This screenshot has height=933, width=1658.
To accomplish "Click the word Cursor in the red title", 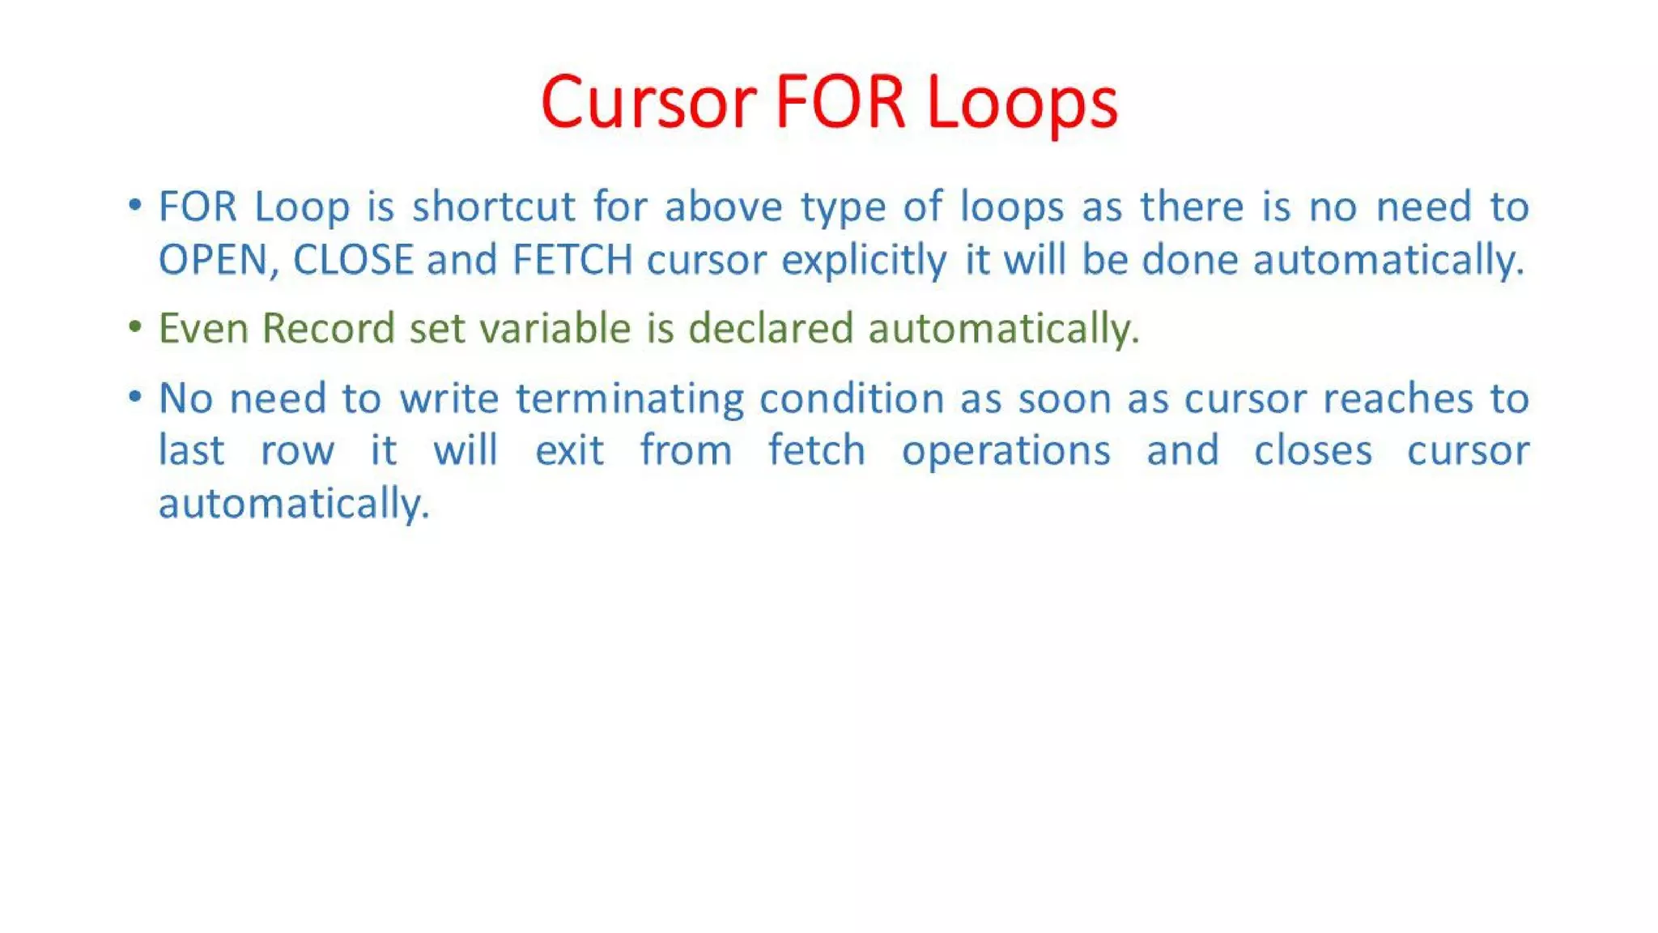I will pos(648,103).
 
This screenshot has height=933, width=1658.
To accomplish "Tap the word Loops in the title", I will pos(1022,103).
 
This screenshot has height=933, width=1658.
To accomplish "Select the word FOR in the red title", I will pos(840,103).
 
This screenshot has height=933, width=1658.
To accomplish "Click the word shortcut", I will pos(494,207).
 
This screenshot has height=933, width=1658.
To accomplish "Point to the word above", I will pos(724,207).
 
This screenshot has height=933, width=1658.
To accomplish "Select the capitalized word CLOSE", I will pos(353,260).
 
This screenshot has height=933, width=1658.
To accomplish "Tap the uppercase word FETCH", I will pos(572,260).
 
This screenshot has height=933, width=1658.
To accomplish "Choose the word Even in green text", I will pos(203,329).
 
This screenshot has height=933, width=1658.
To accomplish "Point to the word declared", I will pos(771,329).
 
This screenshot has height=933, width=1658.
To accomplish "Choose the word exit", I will pos(569,451).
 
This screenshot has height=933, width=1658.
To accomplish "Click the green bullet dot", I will pos(135,327).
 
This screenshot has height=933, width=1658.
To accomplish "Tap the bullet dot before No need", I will pos(135,397).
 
